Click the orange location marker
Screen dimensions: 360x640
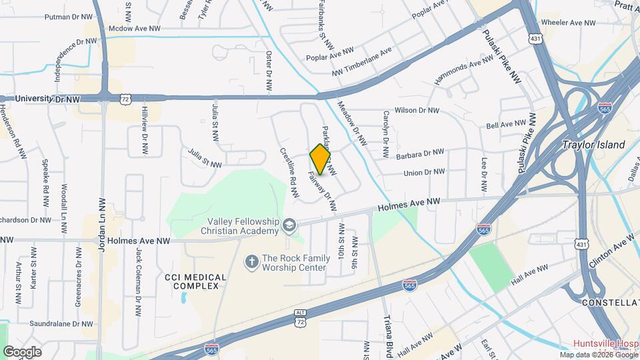click(x=320, y=159)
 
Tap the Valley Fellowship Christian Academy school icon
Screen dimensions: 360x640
click(x=289, y=225)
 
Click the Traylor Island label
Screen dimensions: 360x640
click(x=594, y=145)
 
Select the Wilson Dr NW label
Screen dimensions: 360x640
click(x=417, y=111)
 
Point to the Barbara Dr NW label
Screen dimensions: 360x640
click(x=420, y=154)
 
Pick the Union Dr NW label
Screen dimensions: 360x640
click(x=424, y=172)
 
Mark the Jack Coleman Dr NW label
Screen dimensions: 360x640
click(x=139, y=273)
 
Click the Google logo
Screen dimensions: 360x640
click(x=22, y=351)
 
